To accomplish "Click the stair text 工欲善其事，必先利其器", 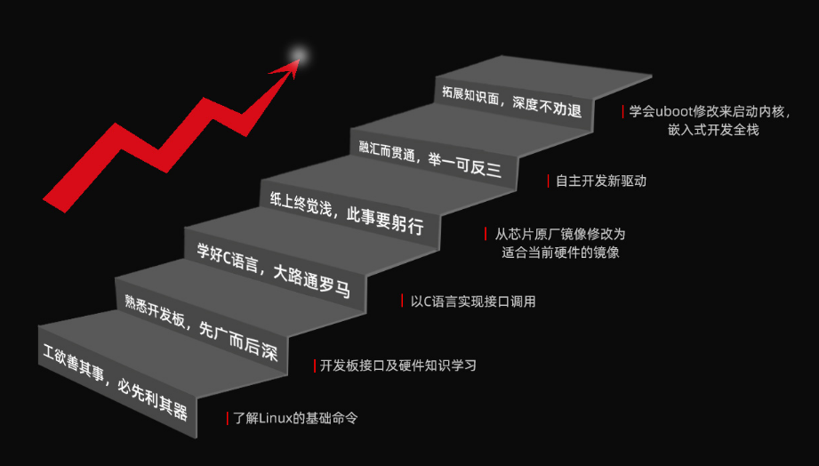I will [x=116, y=384].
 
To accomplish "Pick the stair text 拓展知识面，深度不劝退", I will [x=511, y=100].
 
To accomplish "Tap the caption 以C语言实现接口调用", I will [x=473, y=301].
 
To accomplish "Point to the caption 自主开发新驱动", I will [x=600, y=181].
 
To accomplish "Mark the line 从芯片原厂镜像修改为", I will [x=560, y=235].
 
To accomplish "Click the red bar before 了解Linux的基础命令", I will [x=228, y=418].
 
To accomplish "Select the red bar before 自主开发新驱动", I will [x=548, y=181].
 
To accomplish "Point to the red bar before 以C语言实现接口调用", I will [x=403, y=301].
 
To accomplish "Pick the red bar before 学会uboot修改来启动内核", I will [x=622, y=112].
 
